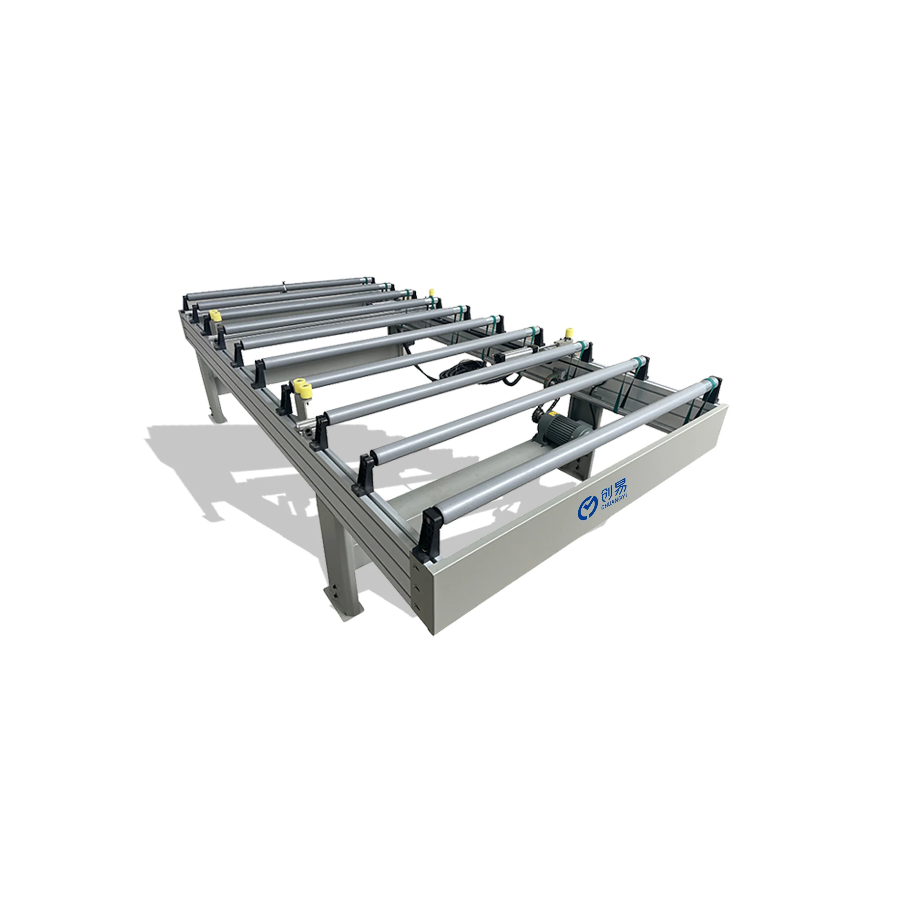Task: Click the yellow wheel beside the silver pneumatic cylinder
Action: click(x=568, y=333)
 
